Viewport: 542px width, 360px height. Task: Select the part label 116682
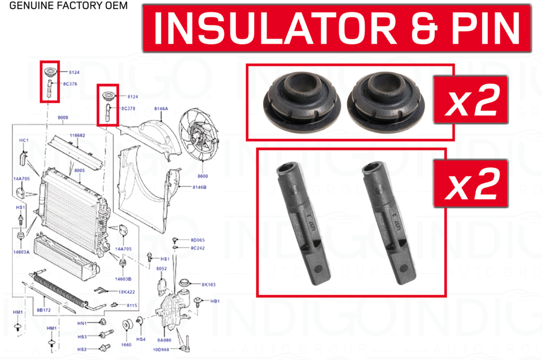[77, 135]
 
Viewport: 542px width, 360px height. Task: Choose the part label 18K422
[126, 292]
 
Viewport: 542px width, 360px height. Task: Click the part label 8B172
[45, 310]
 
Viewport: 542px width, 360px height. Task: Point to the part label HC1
[24, 139]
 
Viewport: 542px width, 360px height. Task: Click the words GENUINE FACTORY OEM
[64, 6]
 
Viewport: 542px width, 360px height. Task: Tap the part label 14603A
[21, 253]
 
